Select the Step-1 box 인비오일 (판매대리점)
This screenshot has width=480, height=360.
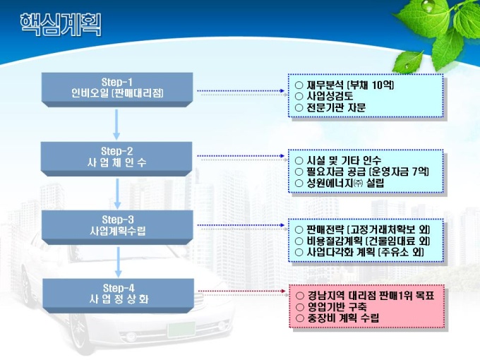(x=117, y=87)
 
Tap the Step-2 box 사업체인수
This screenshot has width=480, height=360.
(x=117, y=157)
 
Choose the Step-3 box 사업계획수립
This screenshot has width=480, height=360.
(x=117, y=225)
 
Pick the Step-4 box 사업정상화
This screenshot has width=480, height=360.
(x=117, y=293)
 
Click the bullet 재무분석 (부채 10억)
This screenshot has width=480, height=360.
(x=344, y=85)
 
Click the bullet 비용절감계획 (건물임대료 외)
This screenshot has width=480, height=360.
(x=362, y=241)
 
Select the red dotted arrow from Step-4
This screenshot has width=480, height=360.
(x=240, y=293)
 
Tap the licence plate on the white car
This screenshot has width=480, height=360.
(x=181, y=329)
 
